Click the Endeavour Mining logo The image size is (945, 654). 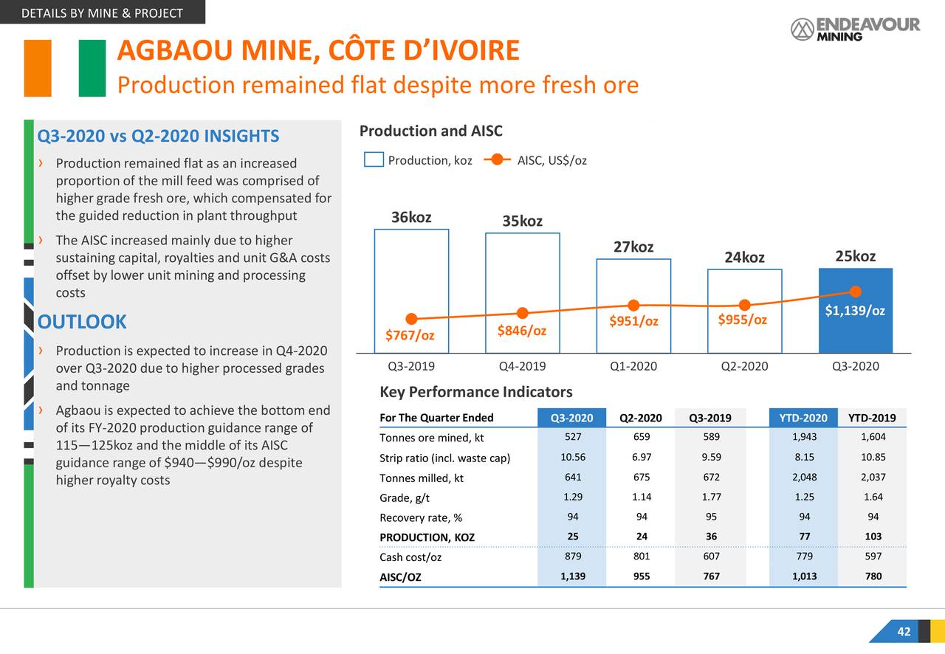click(855, 29)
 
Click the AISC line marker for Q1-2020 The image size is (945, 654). click(633, 306)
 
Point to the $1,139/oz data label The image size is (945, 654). click(855, 311)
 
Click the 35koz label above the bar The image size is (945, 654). click(522, 221)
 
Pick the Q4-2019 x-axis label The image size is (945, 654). click(522, 366)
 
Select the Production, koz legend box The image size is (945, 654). click(374, 160)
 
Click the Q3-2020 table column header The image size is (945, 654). click(571, 419)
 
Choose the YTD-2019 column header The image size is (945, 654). click(872, 419)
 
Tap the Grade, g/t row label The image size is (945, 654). click(405, 498)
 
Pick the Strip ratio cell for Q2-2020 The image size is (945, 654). click(641, 457)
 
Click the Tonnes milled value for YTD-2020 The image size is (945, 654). click(804, 477)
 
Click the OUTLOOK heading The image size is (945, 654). click(82, 322)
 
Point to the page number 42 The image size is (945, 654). click(904, 632)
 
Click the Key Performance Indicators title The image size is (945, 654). click(475, 392)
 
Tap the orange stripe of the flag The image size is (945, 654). click(38, 68)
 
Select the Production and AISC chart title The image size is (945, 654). click(430, 131)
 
